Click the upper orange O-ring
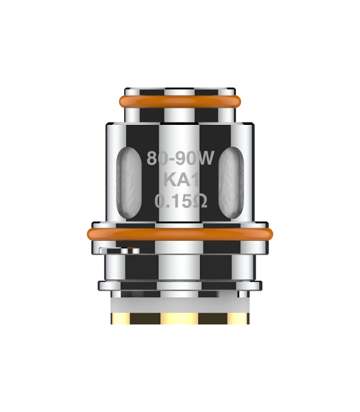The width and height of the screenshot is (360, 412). point(180,101)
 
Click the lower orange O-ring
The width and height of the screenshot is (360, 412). point(180,234)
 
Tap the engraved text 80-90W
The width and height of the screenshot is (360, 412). point(181,158)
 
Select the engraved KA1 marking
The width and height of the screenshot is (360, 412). point(181,180)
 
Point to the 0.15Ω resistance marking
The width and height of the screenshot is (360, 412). point(181,201)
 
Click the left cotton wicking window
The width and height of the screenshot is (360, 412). point(129,183)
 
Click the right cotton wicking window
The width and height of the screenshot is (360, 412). point(231,183)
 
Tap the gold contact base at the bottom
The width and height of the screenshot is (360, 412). point(180,318)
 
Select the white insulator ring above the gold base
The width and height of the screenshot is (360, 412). point(180,305)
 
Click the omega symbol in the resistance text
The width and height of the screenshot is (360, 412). point(200,201)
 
